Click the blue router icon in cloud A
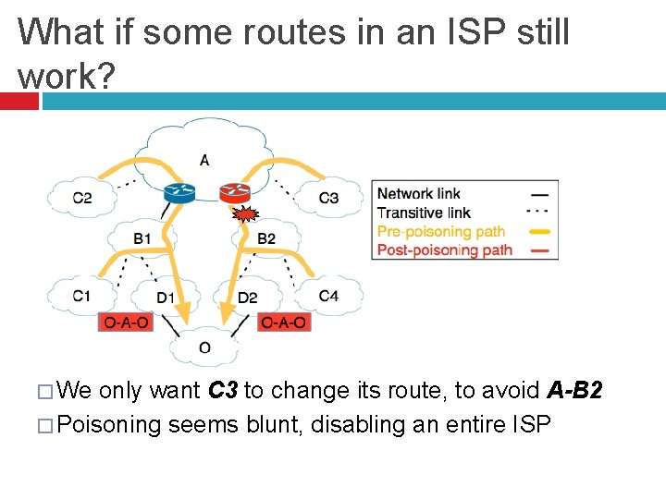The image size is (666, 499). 178,193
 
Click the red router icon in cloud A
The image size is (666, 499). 234,192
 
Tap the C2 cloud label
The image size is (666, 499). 82,197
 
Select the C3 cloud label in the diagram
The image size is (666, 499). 328,197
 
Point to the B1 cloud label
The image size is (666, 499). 142,238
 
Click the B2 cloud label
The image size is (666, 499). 266,238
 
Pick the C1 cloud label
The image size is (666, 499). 82,296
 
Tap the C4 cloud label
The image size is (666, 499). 328,296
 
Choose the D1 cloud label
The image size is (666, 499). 165,298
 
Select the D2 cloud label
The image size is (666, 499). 247,298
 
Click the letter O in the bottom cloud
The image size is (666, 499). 204,347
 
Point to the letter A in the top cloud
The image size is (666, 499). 204,160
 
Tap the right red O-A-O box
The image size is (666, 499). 283,323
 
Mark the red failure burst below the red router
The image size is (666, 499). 244,216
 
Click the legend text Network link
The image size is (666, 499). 418,194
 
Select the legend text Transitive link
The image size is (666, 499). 424,213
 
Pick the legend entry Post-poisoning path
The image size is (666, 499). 444,249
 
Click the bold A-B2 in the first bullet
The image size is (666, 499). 574,391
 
